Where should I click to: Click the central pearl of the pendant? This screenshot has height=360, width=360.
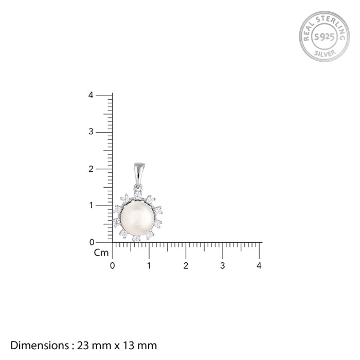coord(137,219)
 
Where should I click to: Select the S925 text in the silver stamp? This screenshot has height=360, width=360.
coord(324,37)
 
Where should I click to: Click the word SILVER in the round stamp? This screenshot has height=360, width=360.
coord(325,53)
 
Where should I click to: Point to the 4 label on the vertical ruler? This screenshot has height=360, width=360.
coord(91,95)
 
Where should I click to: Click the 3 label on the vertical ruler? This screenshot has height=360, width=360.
coord(91,132)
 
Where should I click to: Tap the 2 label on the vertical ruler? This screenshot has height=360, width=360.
coord(91,169)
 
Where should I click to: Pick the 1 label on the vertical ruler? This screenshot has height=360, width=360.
coord(92,205)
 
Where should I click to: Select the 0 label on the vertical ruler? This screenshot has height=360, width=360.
coord(92,242)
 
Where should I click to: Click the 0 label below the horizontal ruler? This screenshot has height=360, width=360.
coord(112,266)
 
